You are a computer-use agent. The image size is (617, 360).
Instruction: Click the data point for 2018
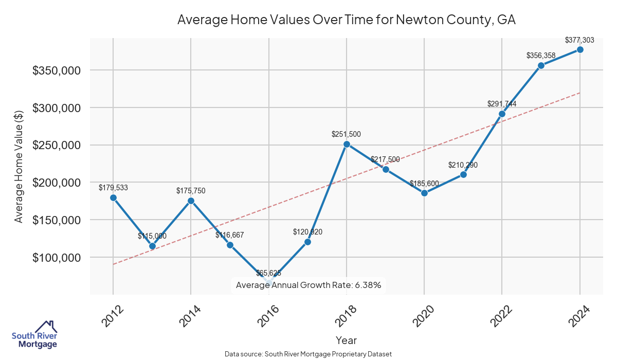347,144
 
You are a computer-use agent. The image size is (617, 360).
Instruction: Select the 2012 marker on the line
113,197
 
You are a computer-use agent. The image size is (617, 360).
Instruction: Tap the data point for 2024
580,49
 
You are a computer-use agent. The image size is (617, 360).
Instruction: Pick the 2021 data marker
463,174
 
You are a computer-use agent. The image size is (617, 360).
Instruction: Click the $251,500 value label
346,134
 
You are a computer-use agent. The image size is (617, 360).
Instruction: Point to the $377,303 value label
579,40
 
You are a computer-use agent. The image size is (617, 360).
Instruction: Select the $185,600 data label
424,183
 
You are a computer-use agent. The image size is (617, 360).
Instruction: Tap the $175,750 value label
191,191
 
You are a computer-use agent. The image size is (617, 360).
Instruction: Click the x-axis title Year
346,340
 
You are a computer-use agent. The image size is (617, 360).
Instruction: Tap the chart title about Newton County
346,20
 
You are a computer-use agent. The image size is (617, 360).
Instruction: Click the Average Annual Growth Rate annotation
308,285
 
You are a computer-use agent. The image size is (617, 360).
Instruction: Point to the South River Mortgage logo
34,335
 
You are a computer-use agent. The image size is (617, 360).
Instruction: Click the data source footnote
308,354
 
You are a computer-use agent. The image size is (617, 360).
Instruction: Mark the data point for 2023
541,65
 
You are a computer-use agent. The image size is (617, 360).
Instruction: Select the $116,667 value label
229,235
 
